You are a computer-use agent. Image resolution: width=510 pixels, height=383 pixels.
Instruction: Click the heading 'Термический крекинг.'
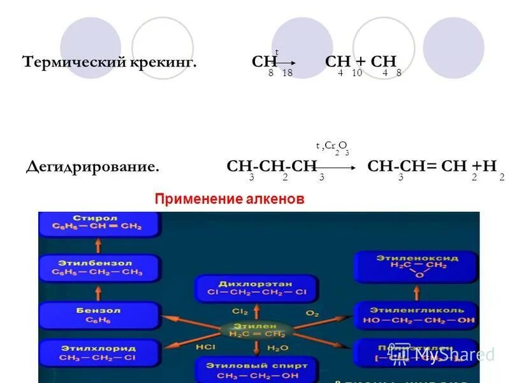109,62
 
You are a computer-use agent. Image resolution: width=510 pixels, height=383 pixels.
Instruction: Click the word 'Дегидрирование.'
92,167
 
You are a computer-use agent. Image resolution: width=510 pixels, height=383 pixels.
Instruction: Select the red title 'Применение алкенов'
229,200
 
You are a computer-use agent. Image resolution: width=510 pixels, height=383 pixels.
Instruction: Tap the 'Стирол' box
99,223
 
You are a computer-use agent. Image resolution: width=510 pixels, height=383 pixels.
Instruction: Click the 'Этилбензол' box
99,267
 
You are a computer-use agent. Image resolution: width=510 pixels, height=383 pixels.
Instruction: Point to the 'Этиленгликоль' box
415,315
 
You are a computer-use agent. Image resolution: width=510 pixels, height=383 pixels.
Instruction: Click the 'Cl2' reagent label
240,312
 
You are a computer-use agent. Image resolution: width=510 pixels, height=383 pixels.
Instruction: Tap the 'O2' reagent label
312,313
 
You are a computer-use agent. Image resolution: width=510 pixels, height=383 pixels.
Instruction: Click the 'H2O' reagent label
278,348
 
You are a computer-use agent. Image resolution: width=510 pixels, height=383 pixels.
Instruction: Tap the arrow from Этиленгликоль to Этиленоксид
415,292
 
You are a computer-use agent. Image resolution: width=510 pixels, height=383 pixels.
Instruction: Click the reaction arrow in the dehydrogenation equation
338,168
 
